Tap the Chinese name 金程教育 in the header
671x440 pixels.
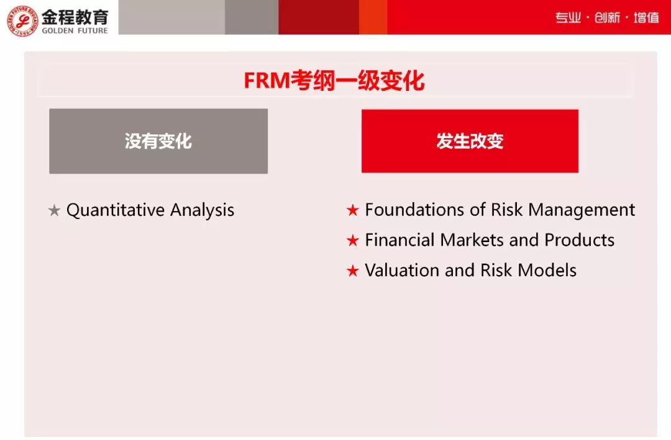tap(75, 16)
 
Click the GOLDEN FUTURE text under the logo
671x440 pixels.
tap(75, 30)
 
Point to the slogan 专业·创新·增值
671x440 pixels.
tap(607, 17)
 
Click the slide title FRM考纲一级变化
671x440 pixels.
tap(334, 82)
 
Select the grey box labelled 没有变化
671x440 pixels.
tap(158, 141)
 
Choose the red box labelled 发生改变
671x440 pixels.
tap(470, 141)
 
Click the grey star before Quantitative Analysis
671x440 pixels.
tap(54, 211)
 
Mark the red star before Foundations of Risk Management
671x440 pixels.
tap(353, 210)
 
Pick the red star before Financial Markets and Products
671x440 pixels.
tap(353, 241)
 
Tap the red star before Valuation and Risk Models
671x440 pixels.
tap(353, 271)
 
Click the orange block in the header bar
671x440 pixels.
tap(373, 17)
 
